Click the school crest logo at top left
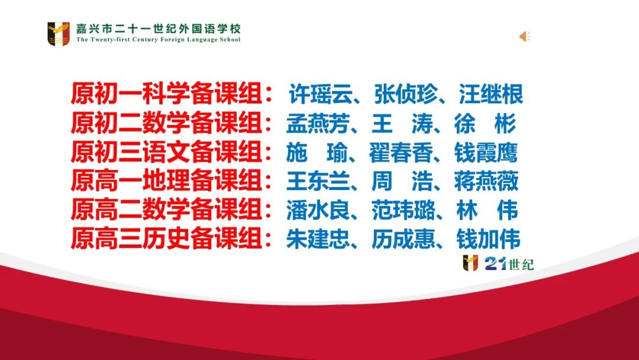59,33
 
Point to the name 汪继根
491,95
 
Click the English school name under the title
159,40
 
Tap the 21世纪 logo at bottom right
499,263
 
